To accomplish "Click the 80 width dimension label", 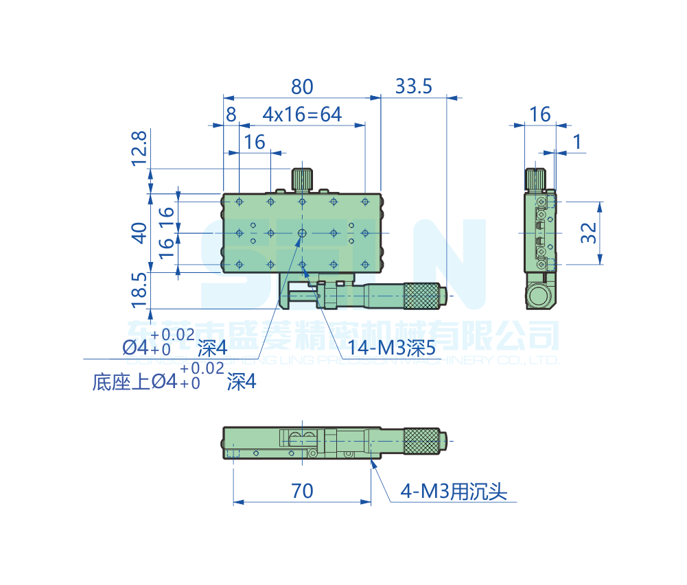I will click(x=302, y=87).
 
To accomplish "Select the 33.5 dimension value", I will click(x=413, y=87).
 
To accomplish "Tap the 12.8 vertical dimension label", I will click(x=139, y=148).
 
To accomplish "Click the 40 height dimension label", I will click(x=139, y=233).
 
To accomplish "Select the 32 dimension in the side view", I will click(x=588, y=233).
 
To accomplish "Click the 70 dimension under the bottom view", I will click(x=302, y=491).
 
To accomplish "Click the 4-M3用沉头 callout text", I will click(x=454, y=492).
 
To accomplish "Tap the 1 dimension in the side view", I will click(x=577, y=142).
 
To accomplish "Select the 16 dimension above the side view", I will click(x=540, y=115).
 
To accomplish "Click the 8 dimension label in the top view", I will click(x=231, y=115).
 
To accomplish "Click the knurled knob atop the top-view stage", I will click(x=302, y=179).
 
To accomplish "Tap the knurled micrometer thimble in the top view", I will click(x=421, y=295).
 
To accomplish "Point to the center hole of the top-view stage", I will click(x=302, y=233).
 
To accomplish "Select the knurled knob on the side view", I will click(x=536, y=178).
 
